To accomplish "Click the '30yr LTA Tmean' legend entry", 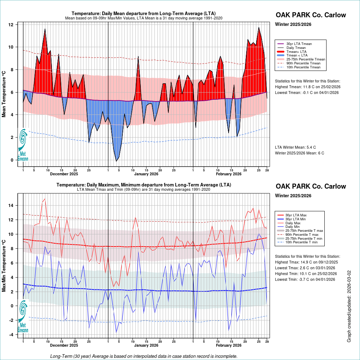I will click(299, 44).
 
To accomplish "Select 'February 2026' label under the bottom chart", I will click(229, 345).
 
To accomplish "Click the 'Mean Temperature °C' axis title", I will click(4, 94).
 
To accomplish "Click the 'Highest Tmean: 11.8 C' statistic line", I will click(307, 87).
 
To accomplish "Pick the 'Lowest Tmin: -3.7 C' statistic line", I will click(306, 279).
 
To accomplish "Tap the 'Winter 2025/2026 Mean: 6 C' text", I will click(300, 153).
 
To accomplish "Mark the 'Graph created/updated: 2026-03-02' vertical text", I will click(349, 306).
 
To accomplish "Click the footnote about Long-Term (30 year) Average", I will click(144, 356).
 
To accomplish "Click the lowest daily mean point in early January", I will click(116, 161).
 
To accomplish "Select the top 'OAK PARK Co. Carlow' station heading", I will click(311, 15).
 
